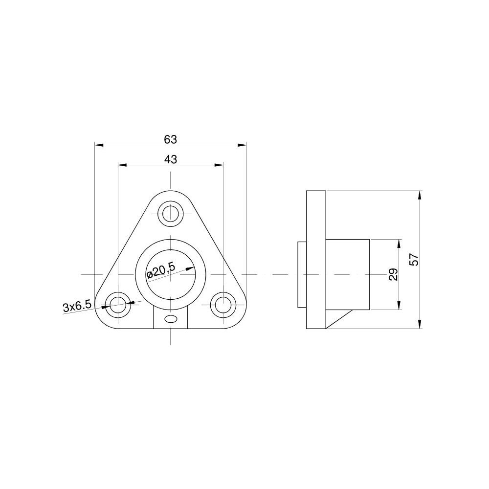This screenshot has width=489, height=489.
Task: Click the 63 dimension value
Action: [x=170, y=139]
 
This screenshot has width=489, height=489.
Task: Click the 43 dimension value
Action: [x=170, y=159]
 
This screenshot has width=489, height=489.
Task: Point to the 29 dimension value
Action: [x=393, y=274]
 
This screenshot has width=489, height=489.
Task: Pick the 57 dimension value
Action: [x=414, y=259]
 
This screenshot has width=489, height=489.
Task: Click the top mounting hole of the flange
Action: [x=171, y=213]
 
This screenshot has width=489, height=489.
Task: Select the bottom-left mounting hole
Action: [x=118, y=304]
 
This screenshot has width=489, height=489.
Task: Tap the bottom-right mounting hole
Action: [x=223, y=304]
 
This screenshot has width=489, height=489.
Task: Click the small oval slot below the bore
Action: [x=171, y=319]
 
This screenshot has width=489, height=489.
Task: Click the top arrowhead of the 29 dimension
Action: [x=400, y=243]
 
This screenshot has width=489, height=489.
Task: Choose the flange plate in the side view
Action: [x=316, y=260]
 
